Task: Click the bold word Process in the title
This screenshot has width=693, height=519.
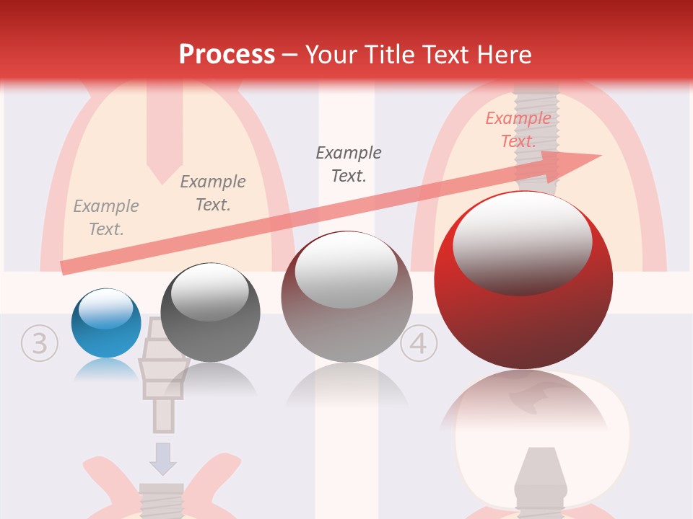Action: (x=227, y=54)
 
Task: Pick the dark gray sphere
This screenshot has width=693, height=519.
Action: (x=210, y=313)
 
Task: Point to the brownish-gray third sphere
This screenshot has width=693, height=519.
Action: (x=346, y=297)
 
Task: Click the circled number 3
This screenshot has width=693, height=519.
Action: (x=39, y=343)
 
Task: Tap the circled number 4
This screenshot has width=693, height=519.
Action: (x=419, y=343)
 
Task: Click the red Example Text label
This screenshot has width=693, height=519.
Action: (x=518, y=130)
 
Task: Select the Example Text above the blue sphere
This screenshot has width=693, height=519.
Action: (x=106, y=218)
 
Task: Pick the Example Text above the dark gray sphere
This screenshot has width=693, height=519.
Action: (x=213, y=193)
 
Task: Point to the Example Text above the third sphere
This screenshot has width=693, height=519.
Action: (x=349, y=164)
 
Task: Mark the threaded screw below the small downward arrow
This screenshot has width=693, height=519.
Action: (x=161, y=500)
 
